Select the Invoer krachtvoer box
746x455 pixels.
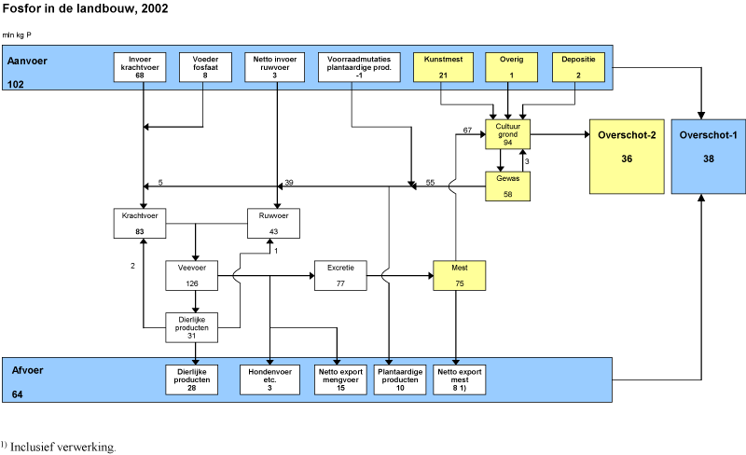[139, 68]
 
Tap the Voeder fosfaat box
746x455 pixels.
[199, 68]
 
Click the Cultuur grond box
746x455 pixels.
[508, 133]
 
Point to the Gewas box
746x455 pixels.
[508, 186]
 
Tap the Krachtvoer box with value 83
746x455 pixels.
[138, 224]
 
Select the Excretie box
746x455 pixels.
[339, 277]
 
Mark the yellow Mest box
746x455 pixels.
[459, 277]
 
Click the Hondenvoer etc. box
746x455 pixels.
[269, 379]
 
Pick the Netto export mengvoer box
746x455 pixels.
[338, 379]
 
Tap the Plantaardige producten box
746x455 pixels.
[399, 379]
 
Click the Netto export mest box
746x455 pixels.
[459, 379]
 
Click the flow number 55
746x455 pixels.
[430, 183]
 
